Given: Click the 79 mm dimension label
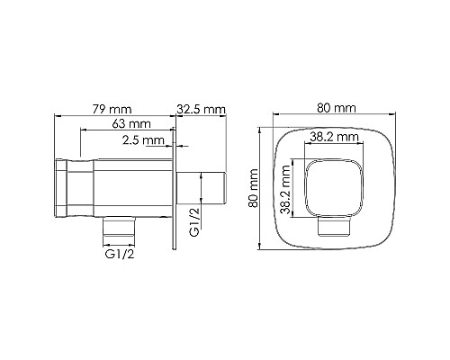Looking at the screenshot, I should (114, 108).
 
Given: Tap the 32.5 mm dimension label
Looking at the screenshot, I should (200, 108).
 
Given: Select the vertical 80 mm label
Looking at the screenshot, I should (254, 192).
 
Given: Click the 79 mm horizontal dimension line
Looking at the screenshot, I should (114, 116).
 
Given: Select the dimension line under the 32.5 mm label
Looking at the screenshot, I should (200, 116).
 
